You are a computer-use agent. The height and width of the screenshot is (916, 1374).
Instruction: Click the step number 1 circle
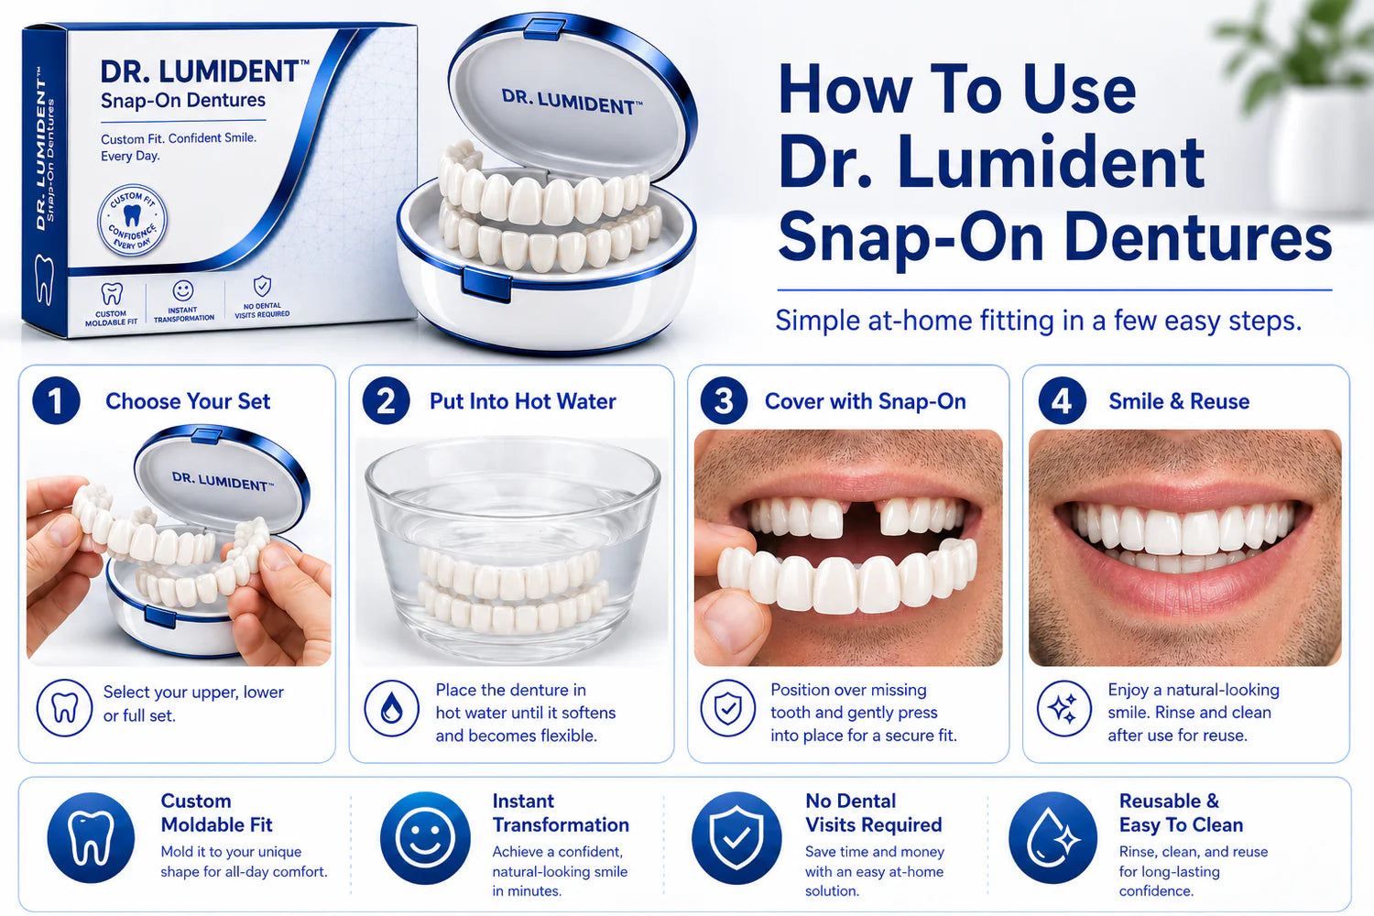click(x=56, y=400)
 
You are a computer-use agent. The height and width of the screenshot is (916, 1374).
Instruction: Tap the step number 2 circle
click(x=386, y=400)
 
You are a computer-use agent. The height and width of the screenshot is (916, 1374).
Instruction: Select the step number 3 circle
click(x=724, y=400)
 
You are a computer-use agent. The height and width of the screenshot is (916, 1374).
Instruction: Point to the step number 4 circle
click(x=1062, y=400)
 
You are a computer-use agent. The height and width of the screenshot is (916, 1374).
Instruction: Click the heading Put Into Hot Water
click(x=523, y=401)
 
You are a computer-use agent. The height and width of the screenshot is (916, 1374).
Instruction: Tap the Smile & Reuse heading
click(x=1179, y=401)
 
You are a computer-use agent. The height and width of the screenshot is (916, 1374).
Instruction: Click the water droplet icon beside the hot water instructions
click(x=391, y=708)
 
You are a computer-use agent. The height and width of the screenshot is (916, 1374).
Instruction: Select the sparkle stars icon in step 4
click(x=1064, y=708)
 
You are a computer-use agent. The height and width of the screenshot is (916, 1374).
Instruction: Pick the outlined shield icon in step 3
click(x=728, y=708)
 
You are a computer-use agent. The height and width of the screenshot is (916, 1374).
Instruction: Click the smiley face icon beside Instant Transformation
click(x=425, y=837)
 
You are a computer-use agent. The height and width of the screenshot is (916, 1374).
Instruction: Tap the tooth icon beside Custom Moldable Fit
click(x=91, y=837)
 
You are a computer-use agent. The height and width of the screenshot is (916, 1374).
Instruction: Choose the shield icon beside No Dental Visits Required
click(x=736, y=837)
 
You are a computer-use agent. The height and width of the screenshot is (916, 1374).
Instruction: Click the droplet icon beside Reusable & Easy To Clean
click(x=1053, y=837)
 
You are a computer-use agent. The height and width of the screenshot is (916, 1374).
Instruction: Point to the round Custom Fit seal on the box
click(x=132, y=220)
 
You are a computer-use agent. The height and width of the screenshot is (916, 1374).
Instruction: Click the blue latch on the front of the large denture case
click(x=486, y=285)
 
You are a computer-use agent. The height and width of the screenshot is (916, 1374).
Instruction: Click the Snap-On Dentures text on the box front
click(x=183, y=100)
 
